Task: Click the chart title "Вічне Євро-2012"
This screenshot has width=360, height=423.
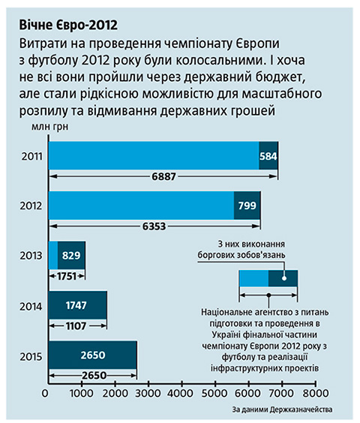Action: coord(68,25)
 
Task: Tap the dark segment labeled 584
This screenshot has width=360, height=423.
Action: coord(268,156)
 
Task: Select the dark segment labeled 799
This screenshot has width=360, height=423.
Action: coord(247,205)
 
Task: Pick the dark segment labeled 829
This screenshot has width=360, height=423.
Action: coord(71,255)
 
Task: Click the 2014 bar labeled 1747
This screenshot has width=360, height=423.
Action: coord(78,305)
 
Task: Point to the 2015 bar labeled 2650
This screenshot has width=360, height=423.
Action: coord(93,355)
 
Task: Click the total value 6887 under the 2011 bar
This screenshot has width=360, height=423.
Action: coord(163,177)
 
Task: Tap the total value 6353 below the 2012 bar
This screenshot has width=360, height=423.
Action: coord(154,226)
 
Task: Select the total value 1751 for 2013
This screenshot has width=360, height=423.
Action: coord(67,276)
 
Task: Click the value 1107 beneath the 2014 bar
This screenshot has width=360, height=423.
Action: coord(76,326)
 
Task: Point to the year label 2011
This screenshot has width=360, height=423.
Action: coord(32,157)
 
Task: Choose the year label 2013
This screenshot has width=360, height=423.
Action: coord(31,256)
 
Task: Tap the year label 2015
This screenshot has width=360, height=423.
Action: coord(31,357)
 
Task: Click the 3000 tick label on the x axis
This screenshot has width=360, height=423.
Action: coord(148,393)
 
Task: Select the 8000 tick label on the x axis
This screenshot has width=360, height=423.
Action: coord(316,393)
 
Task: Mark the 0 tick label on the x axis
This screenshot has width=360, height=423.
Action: coord(45,393)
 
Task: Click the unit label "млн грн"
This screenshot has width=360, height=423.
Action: coord(50,127)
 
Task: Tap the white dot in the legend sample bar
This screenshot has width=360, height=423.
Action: coord(284,278)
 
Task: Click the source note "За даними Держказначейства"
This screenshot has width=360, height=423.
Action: coord(282,409)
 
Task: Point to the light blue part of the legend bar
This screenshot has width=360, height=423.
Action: coord(253,278)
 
